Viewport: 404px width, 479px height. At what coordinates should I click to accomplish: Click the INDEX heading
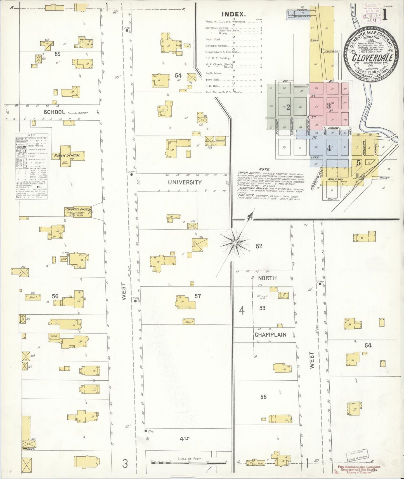click(234, 14)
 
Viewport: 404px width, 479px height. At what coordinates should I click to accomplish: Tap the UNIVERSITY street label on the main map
click(185, 182)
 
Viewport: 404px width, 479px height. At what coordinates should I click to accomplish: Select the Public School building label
click(71, 155)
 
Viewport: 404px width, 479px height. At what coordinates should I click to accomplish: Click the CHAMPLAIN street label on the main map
click(270, 335)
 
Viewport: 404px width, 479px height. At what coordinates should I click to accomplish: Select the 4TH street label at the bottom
click(185, 439)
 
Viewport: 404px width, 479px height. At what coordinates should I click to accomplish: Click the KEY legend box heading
click(32, 135)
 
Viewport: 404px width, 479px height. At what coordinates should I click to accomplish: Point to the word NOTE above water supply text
click(264, 169)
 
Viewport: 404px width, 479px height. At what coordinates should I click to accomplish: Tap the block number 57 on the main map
click(198, 296)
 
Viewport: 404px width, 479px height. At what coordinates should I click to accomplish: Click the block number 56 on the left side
click(55, 296)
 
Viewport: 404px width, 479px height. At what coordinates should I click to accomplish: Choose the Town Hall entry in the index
click(213, 80)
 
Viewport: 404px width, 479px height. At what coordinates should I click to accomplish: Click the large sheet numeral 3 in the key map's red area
click(329, 106)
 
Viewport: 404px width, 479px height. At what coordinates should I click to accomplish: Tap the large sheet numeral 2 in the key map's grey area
click(288, 107)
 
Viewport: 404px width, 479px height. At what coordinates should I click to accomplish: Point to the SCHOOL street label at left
click(54, 112)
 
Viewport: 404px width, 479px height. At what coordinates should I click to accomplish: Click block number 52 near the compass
click(259, 246)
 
